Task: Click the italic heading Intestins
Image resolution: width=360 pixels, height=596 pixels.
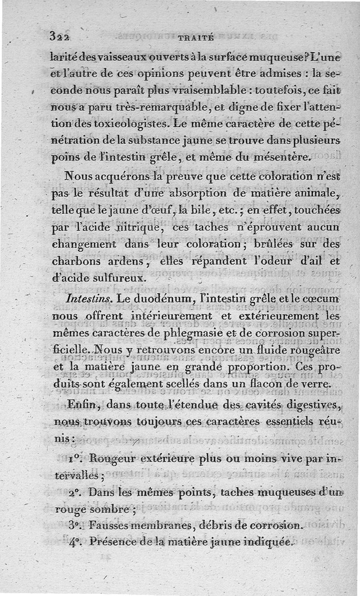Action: pyautogui.click(x=85, y=298)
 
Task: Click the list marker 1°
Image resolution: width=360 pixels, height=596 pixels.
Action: pyautogui.click(x=76, y=460)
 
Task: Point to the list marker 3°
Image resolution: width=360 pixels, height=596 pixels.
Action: pyautogui.click(x=76, y=524)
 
